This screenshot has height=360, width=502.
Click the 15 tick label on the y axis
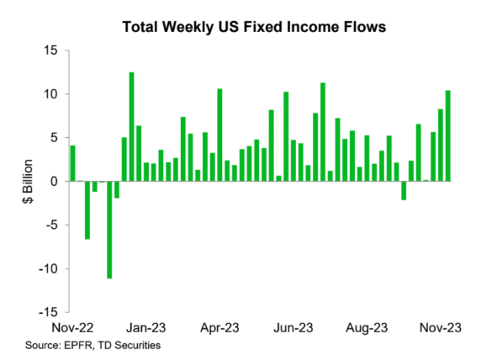point(51,50)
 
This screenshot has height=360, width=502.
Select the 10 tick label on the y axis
point(51,94)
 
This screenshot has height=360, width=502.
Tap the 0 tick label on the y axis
point(55,181)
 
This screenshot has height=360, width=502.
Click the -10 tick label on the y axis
point(49,268)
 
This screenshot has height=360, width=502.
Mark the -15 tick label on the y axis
point(49,312)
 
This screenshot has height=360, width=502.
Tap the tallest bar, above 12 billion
point(132,126)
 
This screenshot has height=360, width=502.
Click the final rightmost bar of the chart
point(448,135)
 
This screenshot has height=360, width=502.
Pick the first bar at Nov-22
point(73,163)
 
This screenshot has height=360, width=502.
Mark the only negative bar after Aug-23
point(404,190)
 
